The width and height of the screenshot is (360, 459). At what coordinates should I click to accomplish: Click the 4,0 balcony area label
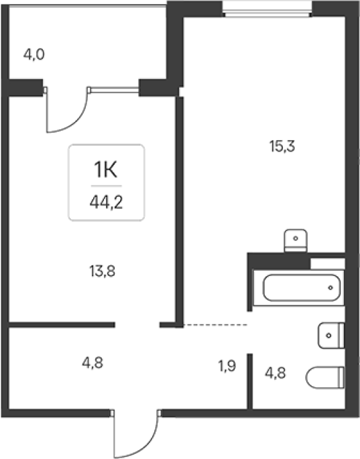[x=34, y=55]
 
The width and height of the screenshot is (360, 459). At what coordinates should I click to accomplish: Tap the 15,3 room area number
[x=282, y=146]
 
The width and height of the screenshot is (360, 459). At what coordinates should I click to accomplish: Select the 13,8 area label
[x=102, y=271]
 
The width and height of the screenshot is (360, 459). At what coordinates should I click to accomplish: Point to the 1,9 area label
[x=227, y=366]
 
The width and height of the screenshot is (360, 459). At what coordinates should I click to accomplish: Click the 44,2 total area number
[x=106, y=202]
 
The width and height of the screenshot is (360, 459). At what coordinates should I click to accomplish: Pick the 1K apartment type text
[x=105, y=170]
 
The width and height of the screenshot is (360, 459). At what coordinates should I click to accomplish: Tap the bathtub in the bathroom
[x=302, y=287]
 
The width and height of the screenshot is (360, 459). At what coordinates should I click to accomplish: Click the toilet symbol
[x=325, y=378]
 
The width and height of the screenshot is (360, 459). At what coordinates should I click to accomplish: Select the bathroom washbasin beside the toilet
[x=331, y=336]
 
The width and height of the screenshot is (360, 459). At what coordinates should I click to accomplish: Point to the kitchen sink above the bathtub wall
[x=296, y=241]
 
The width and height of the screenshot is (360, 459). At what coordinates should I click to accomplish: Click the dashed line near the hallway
[x=215, y=324]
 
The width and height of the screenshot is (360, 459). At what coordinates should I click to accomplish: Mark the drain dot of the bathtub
[x=331, y=287]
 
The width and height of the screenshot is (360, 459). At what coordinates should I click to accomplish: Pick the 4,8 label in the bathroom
[x=276, y=373]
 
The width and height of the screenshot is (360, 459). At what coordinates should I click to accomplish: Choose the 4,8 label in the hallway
[x=93, y=363]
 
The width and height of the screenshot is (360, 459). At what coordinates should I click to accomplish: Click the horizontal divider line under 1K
[x=107, y=186]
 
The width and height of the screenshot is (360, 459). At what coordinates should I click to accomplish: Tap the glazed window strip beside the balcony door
[x=114, y=90]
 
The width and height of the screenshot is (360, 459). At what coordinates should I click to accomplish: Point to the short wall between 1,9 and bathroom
[x=250, y=381]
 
